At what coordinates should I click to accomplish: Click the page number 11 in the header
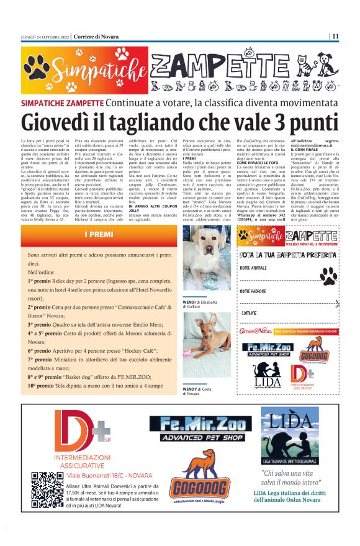tap(335, 36)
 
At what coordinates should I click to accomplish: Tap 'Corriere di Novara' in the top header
tap(96, 36)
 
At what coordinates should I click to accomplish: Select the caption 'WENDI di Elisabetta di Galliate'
tap(197, 303)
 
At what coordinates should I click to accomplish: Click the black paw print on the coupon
tap(327, 276)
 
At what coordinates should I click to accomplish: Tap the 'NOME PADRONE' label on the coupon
tap(254, 291)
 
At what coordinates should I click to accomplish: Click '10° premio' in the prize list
tap(40, 384)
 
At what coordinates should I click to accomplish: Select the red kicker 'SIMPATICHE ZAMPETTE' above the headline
tap(62, 102)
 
